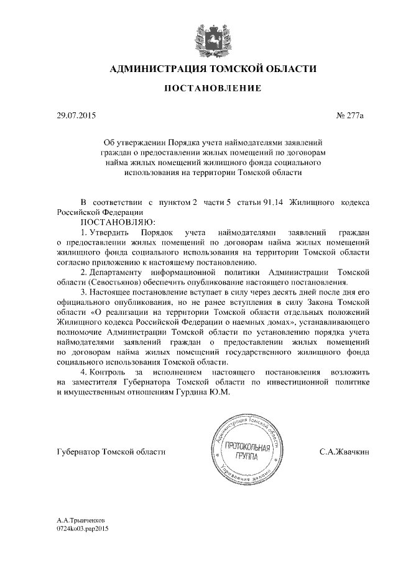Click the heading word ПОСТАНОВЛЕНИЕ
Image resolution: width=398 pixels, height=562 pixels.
coord(212,89)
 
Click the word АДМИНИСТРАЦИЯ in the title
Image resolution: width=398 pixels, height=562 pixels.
coord(155,68)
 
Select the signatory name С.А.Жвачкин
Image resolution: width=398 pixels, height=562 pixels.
coord(345,453)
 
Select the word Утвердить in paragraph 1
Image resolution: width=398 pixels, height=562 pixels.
coord(110,232)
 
